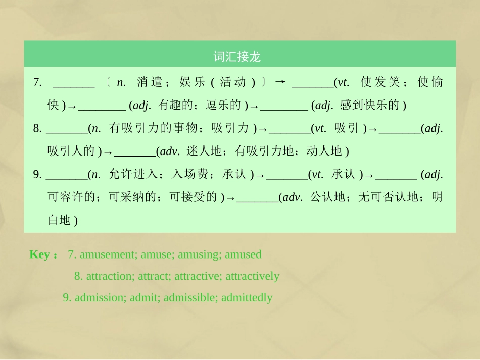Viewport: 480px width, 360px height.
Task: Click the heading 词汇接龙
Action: click(236, 57)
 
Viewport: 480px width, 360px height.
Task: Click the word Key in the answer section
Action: click(39, 254)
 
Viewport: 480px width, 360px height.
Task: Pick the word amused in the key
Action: click(243, 254)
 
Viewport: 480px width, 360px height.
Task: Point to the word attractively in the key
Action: click(253, 276)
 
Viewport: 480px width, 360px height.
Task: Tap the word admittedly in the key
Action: click(247, 298)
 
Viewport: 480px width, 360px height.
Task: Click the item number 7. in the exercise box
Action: click(37, 82)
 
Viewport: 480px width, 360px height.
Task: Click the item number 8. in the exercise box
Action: click(37, 129)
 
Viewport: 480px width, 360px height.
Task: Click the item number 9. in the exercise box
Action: click(37, 175)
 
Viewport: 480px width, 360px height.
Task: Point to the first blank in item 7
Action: click(73, 83)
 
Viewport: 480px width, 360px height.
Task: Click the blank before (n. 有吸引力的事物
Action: click(66, 130)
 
